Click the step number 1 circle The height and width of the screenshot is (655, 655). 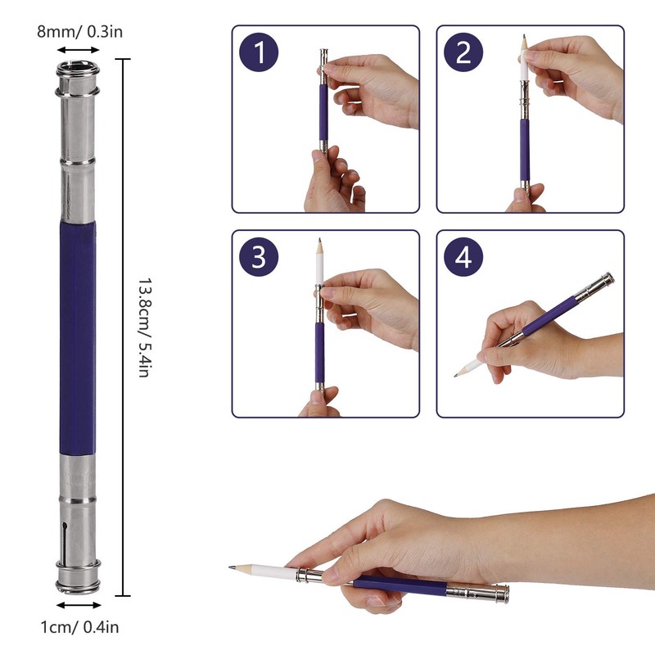coord(259,52)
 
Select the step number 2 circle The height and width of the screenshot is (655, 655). coord(463,52)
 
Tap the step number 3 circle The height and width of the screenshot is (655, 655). coord(259,256)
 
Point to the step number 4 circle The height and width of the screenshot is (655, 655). coord(463,256)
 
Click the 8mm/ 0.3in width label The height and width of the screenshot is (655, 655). coord(79,32)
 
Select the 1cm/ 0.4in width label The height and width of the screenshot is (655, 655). coord(79,627)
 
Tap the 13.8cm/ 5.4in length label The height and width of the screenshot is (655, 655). coord(144,327)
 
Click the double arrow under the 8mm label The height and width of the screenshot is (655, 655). coord(78,50)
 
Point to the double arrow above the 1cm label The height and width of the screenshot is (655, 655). coord(79,605)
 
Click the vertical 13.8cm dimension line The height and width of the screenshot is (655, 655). coord(123,327)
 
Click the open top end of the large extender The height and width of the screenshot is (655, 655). coord(78,67)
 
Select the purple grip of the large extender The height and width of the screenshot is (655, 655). coord(78,337)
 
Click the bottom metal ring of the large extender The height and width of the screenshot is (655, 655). coord(78,585)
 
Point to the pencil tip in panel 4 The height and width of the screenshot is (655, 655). coord(456,376)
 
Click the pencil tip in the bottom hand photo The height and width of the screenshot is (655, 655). coord(230,567)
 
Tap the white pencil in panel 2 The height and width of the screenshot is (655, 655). coord(524,58)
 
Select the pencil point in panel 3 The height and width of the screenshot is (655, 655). coord(319,241)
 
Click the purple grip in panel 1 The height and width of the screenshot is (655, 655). coord(323,113)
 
